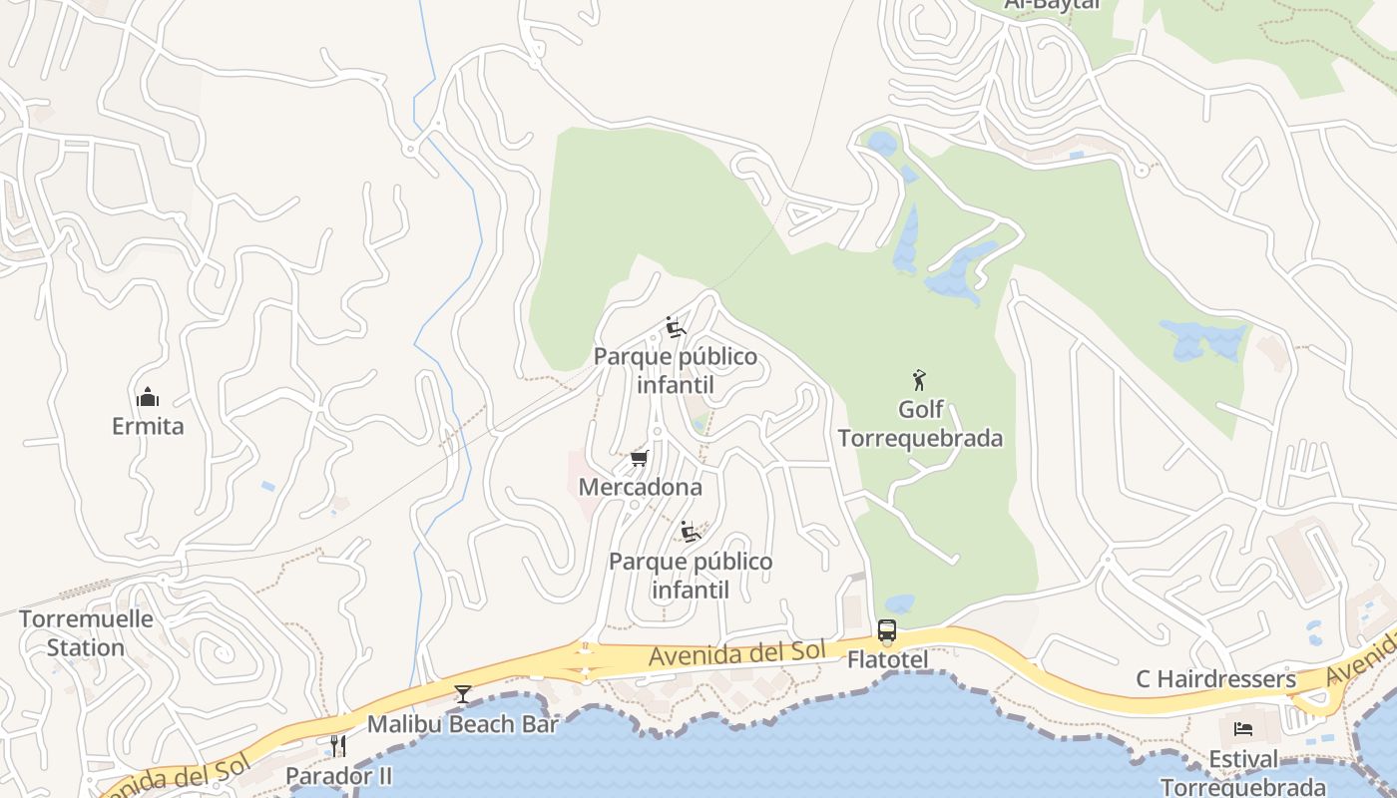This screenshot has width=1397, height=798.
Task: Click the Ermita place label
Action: (x=148, y=426)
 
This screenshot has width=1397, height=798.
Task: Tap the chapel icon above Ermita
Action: (x=148, y=398)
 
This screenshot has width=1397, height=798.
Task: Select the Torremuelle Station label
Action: (x=86, y=632)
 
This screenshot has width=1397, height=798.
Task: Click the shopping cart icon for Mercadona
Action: (x=640, y=459)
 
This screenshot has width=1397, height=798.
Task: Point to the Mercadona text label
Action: (x=641, y=488)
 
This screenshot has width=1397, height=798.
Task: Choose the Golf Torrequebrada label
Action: (x=920, y=424)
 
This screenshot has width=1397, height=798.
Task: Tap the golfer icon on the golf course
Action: (x=920, y=380)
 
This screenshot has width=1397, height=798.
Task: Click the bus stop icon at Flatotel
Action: (x=887, y=630)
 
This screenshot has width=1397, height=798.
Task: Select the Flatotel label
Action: (x=888, y=659)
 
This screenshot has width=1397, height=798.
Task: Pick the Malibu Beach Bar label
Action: (x=463, y=724)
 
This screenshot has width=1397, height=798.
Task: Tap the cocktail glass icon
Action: (x=463, y=694)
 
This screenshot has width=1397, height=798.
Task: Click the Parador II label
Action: (x=338, y=775)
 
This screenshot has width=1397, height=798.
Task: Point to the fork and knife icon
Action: (x=338, y=746)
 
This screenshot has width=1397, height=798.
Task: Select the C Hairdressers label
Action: (x=1215, y=679)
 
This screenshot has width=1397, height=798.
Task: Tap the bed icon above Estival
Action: (x=1243, y=729)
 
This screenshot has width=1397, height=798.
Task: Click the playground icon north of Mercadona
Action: (x=676, y=327)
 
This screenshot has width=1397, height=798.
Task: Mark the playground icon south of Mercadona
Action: (x=691, y=531)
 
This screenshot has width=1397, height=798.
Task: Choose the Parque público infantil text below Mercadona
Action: (x=691, y=576)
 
